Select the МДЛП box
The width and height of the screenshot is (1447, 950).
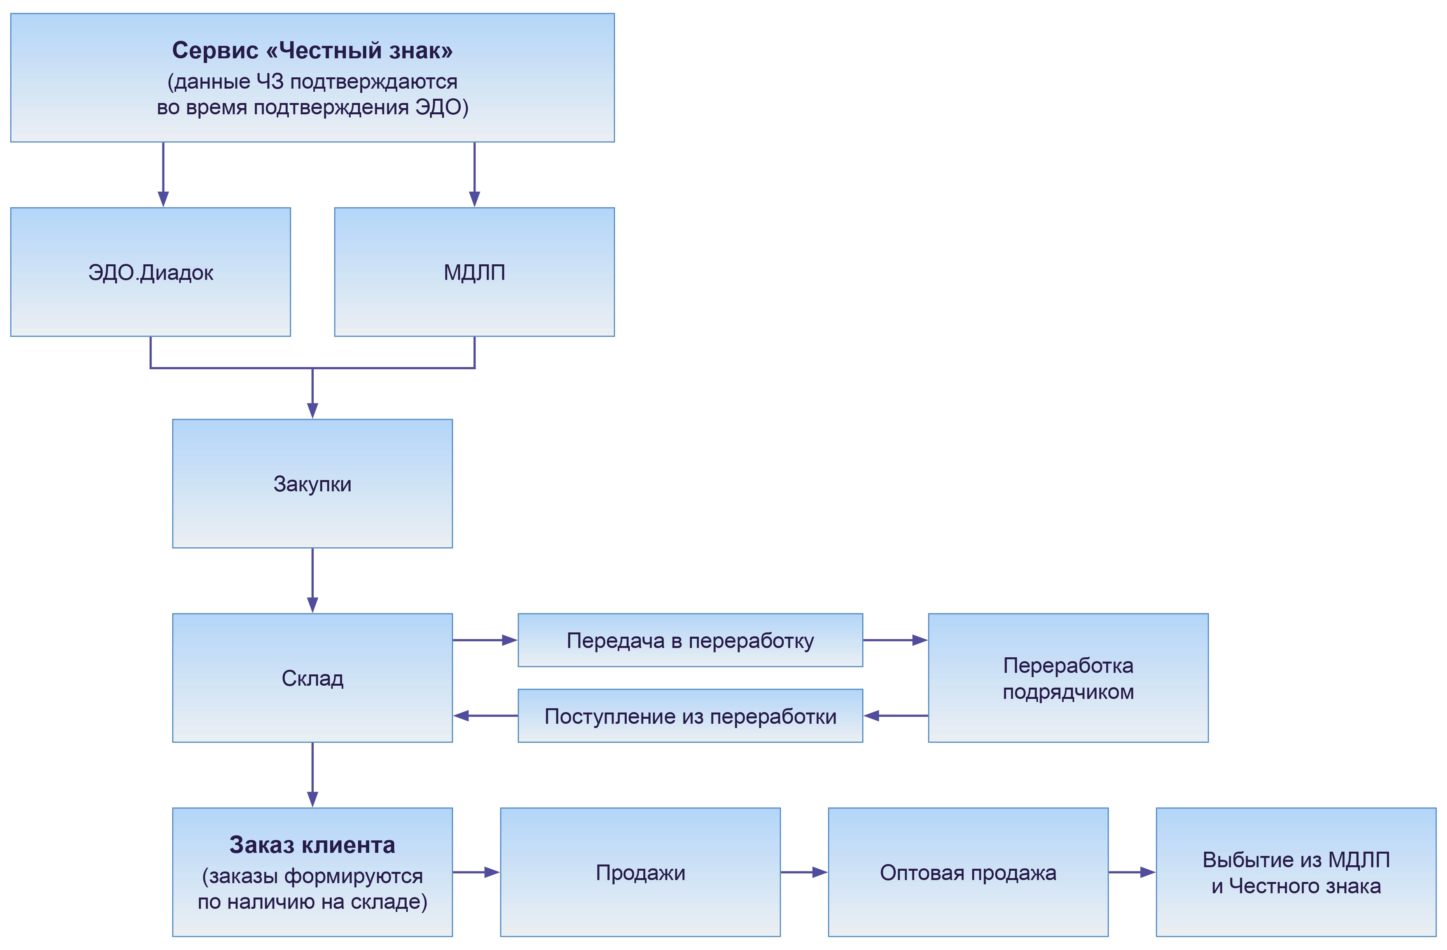pyautogui.click(x=474, y=272)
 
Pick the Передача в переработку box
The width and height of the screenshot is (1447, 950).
pyautogui.click(x=690, y=641)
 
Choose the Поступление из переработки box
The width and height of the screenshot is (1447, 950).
pyautogui.click(x=690, y=716)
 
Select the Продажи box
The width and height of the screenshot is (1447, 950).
pyautogui.click(x=640, y=872)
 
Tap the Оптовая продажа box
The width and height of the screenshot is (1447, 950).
pyautogui.click(x=968, y=872)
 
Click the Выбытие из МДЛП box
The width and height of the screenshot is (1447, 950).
pyautogui.click(x=1296, y=872)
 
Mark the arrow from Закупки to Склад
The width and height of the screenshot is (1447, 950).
pyautogui.click(x=313, y=580)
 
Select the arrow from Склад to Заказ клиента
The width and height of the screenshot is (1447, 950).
pyautogui.click(x=313, y=775)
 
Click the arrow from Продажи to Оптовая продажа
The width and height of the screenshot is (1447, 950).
pyautogui.click(x=804, y=872)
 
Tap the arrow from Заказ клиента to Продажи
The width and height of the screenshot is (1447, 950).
pyautogui.click(x=476, y=872)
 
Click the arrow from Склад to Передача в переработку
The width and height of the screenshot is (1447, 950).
pyautogui.click(x=484, y=640)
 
